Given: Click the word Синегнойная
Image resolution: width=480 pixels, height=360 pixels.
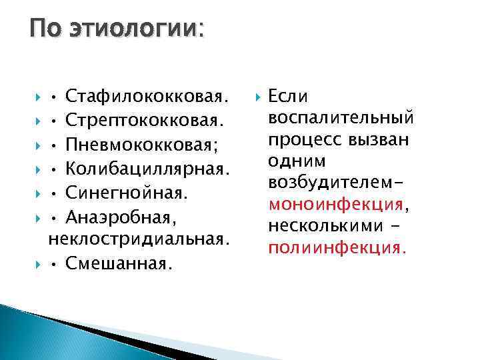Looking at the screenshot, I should tap(128, 193).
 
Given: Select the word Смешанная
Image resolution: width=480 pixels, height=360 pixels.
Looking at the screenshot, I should tap(119, 263).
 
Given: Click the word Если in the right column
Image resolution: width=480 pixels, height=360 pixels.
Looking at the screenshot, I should tap(288, 97).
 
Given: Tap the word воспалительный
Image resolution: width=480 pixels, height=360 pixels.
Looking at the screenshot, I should tap(340, 119).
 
